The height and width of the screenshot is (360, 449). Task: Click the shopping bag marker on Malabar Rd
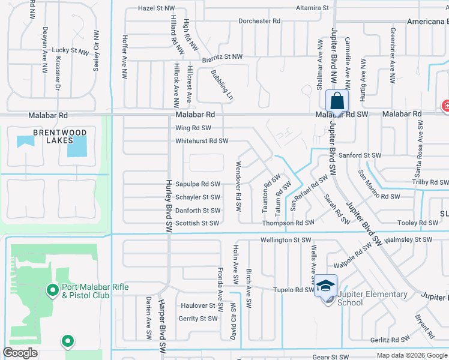[337, 100]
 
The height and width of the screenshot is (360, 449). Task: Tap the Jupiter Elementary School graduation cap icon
[326, 286]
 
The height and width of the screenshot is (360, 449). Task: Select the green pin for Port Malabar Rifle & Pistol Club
[52, 290]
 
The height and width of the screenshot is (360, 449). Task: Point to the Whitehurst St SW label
[202, 141]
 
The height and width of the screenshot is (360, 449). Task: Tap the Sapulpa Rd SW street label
[198, 184]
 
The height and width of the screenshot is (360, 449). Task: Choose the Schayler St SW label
[198, 197]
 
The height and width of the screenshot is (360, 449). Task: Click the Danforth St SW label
[198, 211]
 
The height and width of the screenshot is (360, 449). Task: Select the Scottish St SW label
[197, 223]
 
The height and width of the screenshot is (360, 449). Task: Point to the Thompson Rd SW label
[288, 223]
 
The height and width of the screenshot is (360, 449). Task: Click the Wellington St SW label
[285, 240]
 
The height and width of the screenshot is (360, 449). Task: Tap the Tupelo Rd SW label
[294, 290]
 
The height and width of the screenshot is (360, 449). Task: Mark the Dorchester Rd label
[259, 21]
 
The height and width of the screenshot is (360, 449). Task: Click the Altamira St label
[313, 8]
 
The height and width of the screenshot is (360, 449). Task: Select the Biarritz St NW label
[221, 56]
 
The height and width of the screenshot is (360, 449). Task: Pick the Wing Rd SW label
[193, 128]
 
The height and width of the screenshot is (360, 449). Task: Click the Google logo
[20, 353]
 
